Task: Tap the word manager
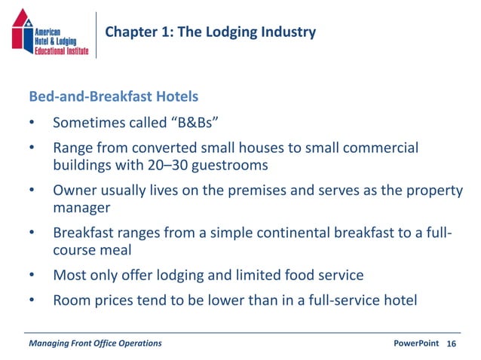click(81, 206)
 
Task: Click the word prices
click(116, 301)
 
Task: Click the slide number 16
click(452, 343)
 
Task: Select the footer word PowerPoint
click(416, 343)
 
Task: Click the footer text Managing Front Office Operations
click(94, 343)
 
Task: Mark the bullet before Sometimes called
click(32, 123)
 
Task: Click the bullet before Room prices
click(32, 301)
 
